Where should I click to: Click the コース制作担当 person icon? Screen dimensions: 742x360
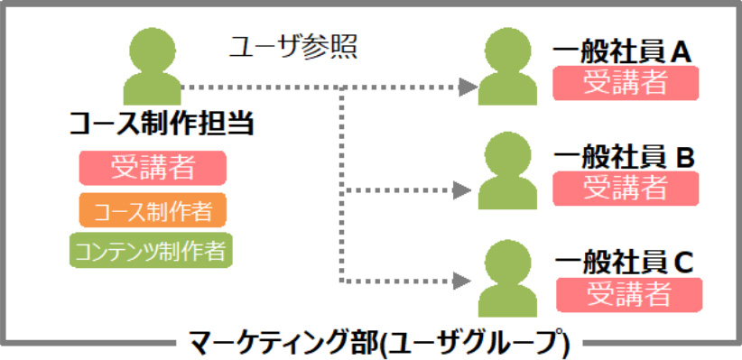[x=152, y=66]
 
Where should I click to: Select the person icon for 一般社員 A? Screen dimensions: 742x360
[x=507, y=66]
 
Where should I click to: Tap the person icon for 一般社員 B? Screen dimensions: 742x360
[x=507, y=171]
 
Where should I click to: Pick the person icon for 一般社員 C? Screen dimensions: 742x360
[x=507, y=278]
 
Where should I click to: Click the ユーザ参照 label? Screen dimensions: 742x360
[x=292, y=48]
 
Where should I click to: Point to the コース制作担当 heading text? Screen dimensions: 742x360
[x=162, y=125]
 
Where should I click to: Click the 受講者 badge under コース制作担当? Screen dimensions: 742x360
[x=153, y=168]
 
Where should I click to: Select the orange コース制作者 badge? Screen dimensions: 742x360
[x=153, y=210]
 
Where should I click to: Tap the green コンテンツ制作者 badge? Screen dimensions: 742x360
[x=151, y=250]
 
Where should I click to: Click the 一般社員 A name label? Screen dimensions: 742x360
[x=623, y=53]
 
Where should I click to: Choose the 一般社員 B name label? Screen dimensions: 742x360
[x=624, y=159]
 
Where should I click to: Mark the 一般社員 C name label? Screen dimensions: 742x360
[x=625, y=263]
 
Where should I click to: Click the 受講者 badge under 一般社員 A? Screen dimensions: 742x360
[x=626, y=83]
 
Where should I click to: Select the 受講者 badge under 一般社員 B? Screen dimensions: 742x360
[x=626, y=189]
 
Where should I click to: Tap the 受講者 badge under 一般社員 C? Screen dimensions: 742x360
[x=629, y=295]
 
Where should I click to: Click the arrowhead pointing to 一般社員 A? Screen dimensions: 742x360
[x=468, y=88]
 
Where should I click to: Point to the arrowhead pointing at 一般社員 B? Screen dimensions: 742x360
[x=462, y=190]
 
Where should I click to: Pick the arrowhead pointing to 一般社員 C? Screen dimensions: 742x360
[x=462, y=281]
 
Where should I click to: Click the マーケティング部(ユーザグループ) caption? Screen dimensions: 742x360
[x=378, y=344]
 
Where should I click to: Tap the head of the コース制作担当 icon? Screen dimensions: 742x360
[x=152, y=50]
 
